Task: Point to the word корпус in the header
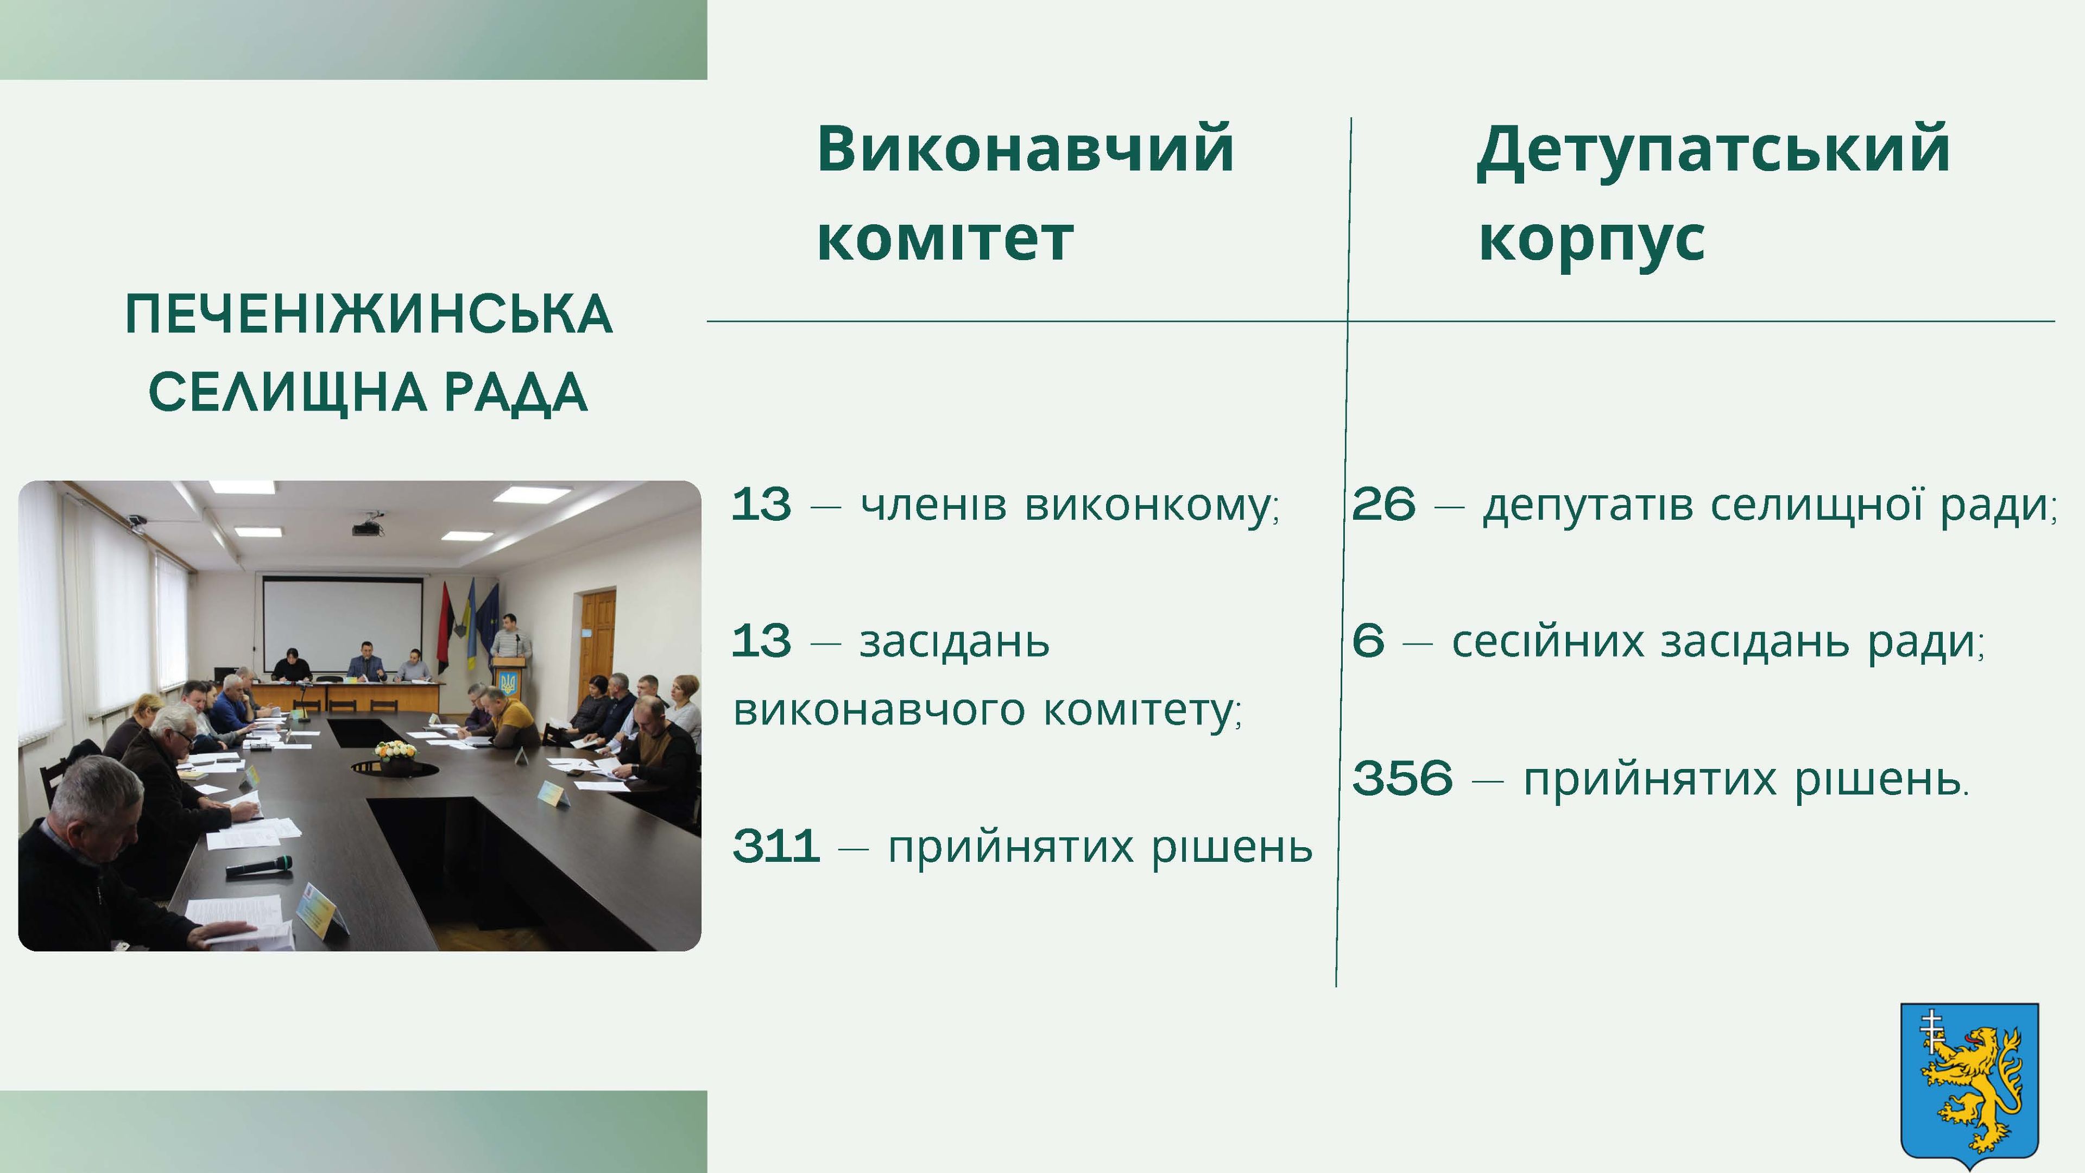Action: pyautogui.click(x=1592, y=241)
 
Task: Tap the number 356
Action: pyautogui.click(x=1402, y=779)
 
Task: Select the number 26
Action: pyautogui.click(x=1384, y=504)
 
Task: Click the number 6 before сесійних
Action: pyautogui.click(x=1368, y=641)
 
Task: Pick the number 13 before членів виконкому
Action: pyautogui.click(x=761, y=504)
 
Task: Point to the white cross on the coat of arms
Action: pyautogui.click(x=1931, y=1031)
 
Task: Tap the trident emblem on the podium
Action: pyautogui.click(x=508, y=684)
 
